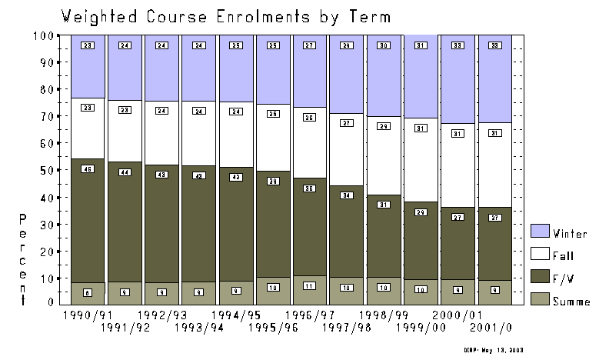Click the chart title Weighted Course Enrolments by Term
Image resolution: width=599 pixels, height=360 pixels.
pos(225,16)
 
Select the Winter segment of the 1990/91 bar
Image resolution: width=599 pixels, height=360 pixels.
pos(88,65)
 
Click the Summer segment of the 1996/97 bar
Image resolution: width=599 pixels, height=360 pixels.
pos(310,293)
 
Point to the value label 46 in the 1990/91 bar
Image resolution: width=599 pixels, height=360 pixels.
pos(88,168)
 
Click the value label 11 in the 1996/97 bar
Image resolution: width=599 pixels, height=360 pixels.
pos(310,285)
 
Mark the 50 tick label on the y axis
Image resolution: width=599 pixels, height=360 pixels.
pos(46,170)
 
